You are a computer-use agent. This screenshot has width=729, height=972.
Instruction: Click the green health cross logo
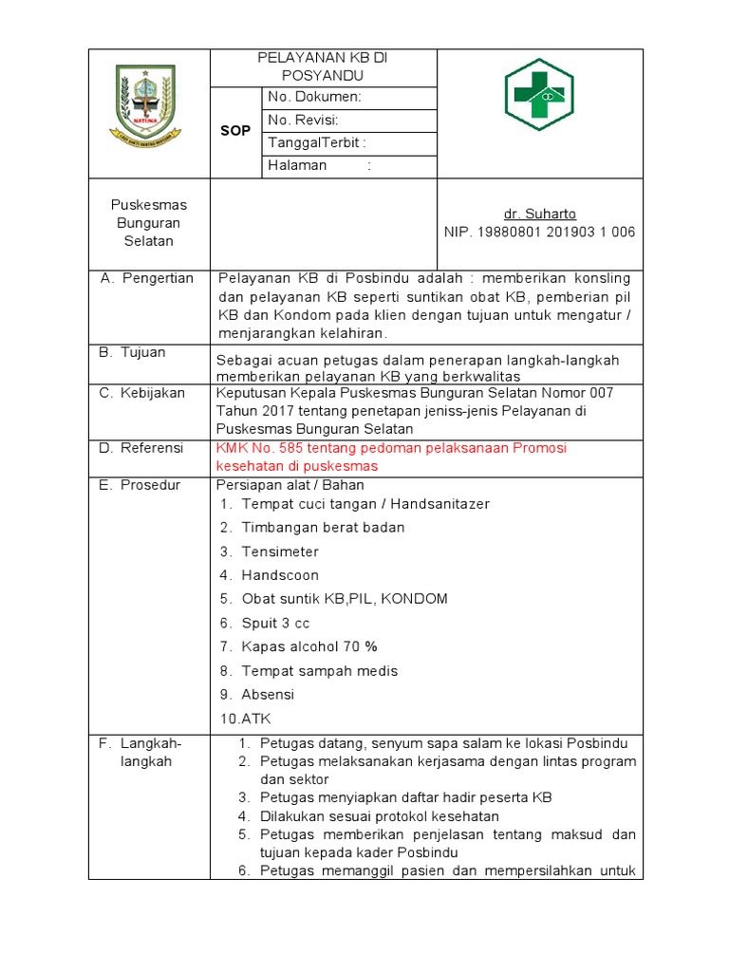[539, 93]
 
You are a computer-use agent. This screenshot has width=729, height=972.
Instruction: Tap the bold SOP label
[234, 131]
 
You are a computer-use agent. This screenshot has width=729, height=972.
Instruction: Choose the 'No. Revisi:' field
[303, 120]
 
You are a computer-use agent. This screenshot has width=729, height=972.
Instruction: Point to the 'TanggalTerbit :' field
[317, 142]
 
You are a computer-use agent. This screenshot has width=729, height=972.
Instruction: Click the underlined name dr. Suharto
[539, 214]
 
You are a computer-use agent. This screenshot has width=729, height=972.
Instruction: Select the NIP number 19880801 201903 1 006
[539, 232]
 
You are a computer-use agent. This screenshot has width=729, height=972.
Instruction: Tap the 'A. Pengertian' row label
[146, 278]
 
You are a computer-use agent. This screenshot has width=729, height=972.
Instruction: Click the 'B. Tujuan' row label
[132, 352]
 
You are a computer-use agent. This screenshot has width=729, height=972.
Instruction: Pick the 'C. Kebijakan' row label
[142, 392]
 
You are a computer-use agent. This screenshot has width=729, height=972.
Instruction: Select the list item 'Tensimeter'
[280, 551]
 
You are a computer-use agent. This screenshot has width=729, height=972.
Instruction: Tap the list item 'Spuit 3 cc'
[275, 623]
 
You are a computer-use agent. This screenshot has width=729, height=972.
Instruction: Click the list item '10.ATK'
[246, 719]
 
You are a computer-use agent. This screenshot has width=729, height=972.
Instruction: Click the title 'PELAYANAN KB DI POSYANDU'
[323, 66]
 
